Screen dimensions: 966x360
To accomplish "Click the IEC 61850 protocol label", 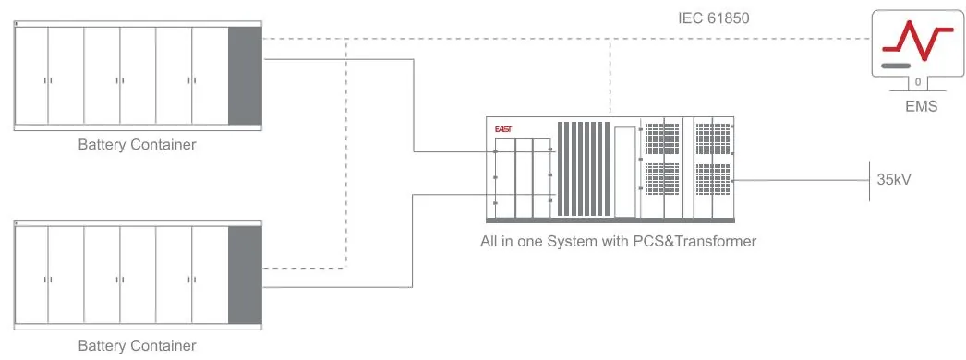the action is click(x=713, y=18).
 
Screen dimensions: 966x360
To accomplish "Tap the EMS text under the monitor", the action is click(x=921, y=106).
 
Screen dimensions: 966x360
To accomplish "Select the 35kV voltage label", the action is click(x=894, y=180).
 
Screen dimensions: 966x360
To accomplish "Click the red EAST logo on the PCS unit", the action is click(x=503, y=129).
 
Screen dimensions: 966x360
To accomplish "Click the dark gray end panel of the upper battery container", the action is click(x=246, y=76).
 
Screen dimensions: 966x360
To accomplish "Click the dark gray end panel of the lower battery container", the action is click(x=246, y=275).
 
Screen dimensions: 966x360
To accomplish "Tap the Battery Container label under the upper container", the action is click(x=137, y=145).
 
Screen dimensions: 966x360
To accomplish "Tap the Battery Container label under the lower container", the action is click(x=137, y=345).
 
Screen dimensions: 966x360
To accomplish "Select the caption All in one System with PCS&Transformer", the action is click(x=618, y=241).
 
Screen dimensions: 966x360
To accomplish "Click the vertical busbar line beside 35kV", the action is click(x=869, y=180).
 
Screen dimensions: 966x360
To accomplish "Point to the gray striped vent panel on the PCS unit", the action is click(x=584, y=169).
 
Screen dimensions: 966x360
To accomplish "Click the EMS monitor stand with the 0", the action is click(x=918, y=82).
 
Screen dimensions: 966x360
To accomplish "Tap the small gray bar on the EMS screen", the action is click(x=896, y=66).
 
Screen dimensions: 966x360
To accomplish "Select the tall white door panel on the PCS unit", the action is click(x=624, y=172).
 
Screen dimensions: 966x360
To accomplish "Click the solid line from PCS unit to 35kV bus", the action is click(x=802, y=180).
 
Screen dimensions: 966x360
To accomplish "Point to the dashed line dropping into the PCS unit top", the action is click(x=610, y=78).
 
